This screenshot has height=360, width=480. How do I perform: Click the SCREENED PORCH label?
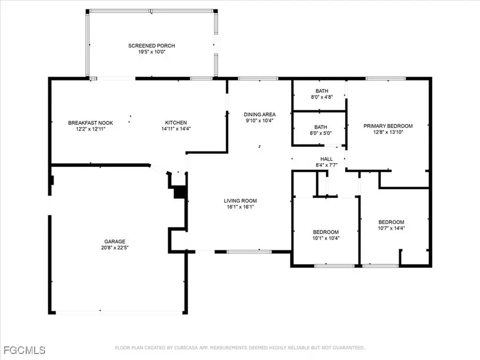(x=151, y=46)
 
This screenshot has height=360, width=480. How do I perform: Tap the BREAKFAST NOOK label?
(x=83, y=123)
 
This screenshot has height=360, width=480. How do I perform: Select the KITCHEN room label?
(x=175, y=123)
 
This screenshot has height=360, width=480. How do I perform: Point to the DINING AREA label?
(x=260, y=115)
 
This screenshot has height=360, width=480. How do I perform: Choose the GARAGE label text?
(x=115, y=241)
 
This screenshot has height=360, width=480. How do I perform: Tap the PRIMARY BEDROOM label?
(x=388, y=126)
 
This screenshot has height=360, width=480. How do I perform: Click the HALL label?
(x=326, y=159)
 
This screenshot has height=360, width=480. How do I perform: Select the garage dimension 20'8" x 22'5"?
(x=115, y=247)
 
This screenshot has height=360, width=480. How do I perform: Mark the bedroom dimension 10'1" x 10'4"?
(x=325, y=238)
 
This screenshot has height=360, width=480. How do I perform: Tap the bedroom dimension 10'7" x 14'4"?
(x=391, y=228)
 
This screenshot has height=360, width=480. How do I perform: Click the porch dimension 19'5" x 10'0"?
(x=151, y=52)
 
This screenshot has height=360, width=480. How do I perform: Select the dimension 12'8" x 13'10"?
(x=388, y=132)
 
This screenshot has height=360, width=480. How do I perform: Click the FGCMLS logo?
(x=25, y=350)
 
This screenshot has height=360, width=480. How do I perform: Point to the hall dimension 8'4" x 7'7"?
(x=326, y=165)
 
